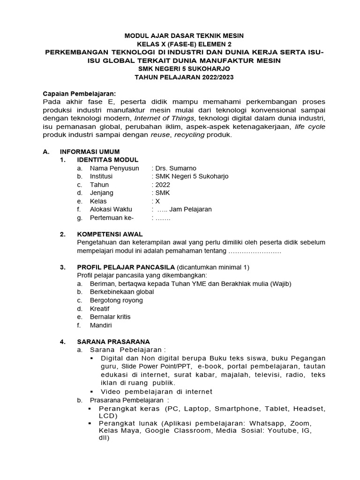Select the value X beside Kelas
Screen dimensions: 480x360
[157, 201]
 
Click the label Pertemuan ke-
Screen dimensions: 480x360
[112, 218]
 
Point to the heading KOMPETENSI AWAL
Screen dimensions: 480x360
[110, 234]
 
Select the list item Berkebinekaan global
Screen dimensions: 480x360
[122, 292]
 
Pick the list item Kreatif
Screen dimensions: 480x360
[100, 308]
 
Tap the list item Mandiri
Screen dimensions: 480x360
[101, 325]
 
